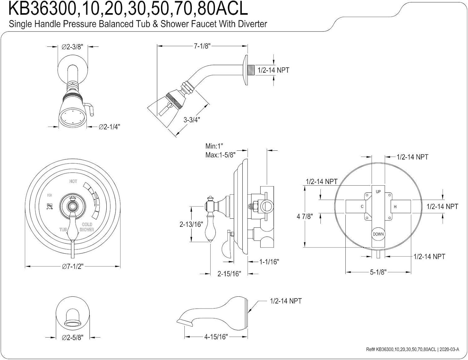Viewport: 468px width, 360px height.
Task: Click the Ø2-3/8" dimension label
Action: (72, 47)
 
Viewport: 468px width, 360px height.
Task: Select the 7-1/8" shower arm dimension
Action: (202, 46)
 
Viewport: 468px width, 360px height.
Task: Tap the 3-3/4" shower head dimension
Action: (192, 119)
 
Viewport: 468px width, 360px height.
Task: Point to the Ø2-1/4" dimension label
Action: (109, 127)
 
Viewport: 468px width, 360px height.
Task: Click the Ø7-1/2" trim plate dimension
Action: (73, 266)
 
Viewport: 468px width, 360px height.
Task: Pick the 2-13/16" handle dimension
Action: (191, 224)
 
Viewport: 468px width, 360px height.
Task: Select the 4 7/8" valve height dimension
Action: (305, 216)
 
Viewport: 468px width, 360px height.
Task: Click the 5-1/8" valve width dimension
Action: (378, 272)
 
